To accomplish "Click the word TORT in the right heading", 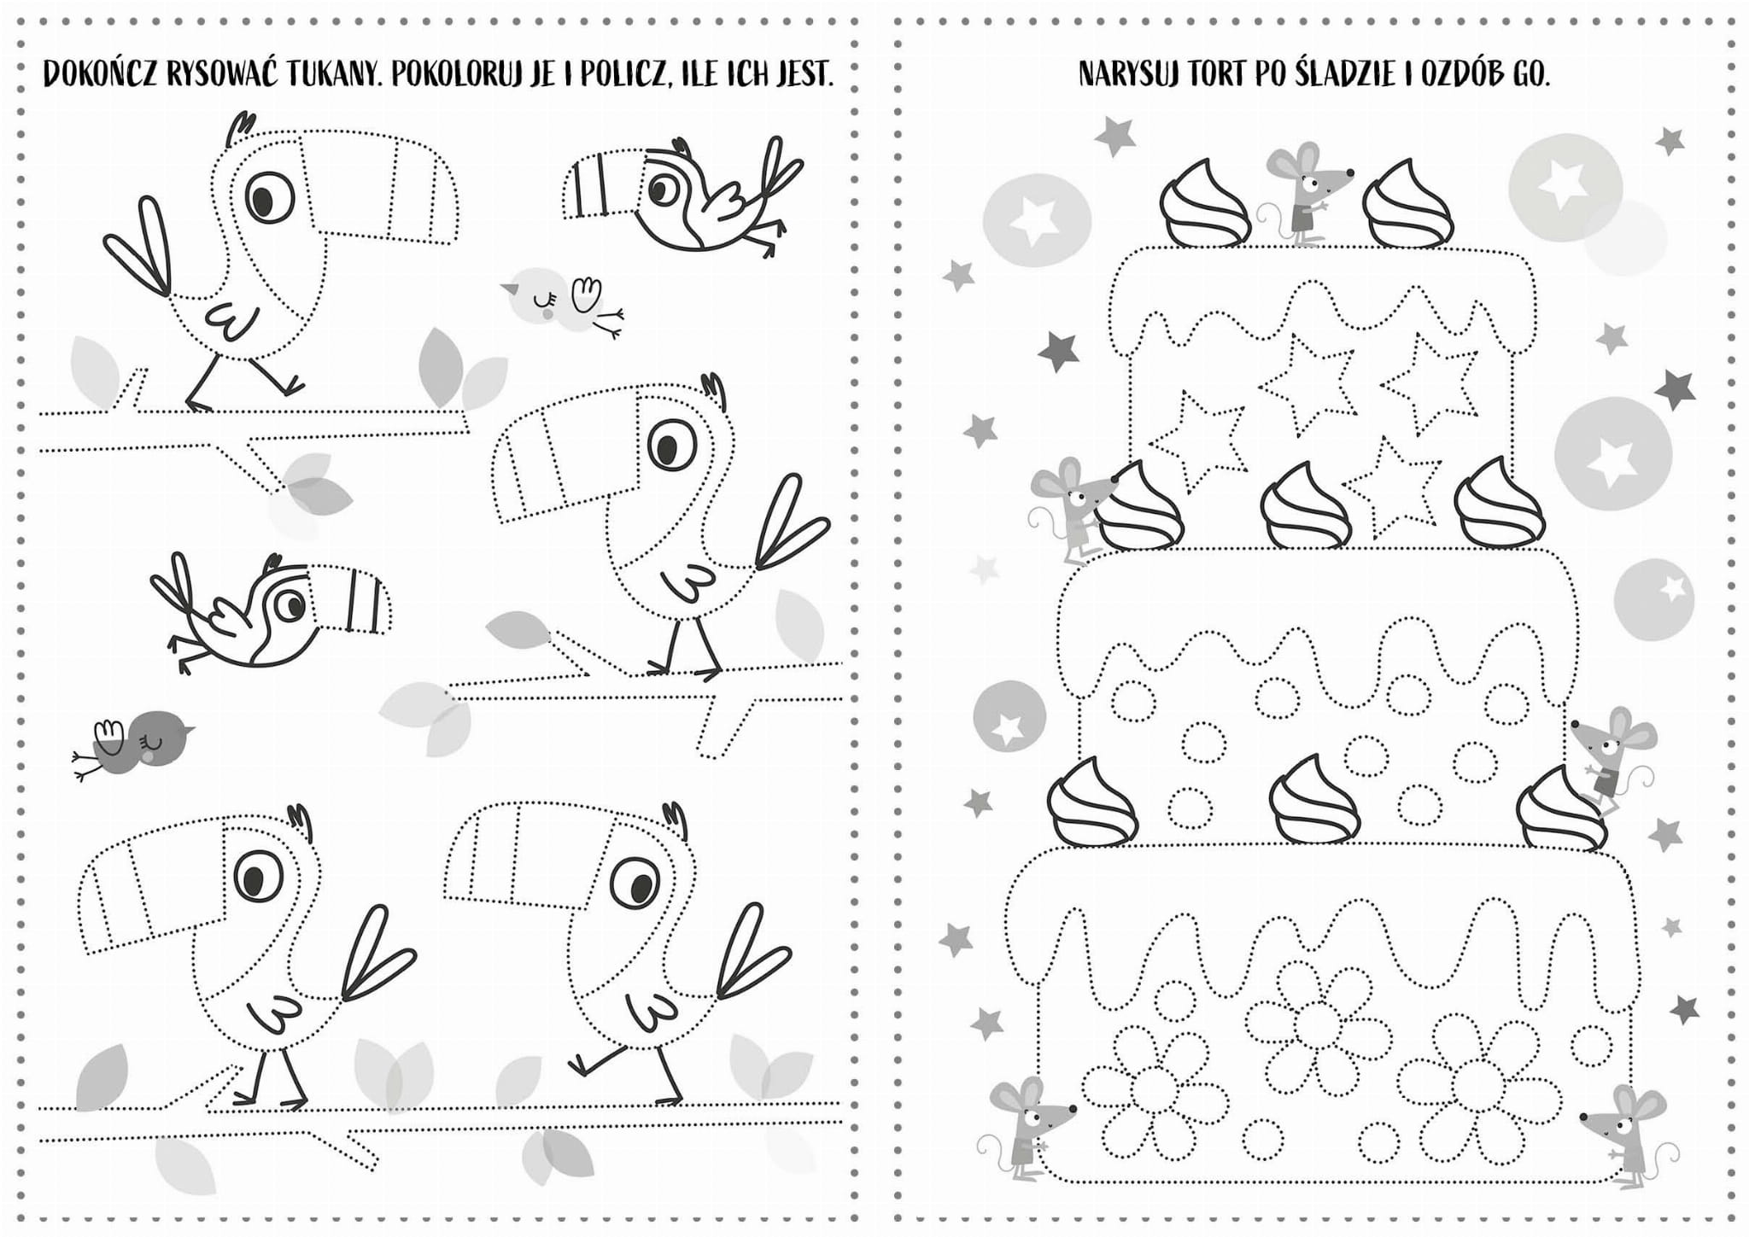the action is [1217, 75].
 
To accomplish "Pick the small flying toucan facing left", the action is [683, 195].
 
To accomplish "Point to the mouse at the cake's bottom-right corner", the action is [1623, 1135].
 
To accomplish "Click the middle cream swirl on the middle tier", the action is [1306, 505].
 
